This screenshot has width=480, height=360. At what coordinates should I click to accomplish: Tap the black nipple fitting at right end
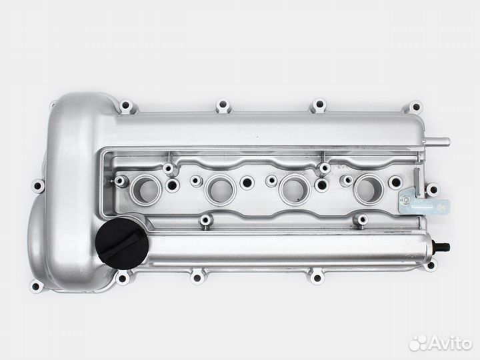[x=442, y=246]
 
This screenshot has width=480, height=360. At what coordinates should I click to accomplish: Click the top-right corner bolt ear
[x=415, y=107]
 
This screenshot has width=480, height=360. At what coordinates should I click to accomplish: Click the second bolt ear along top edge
[x=223, y=105]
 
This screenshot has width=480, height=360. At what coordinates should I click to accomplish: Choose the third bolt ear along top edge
[x=319, y=105]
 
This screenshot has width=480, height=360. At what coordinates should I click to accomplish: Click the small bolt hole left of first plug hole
[x=121, y=181]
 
